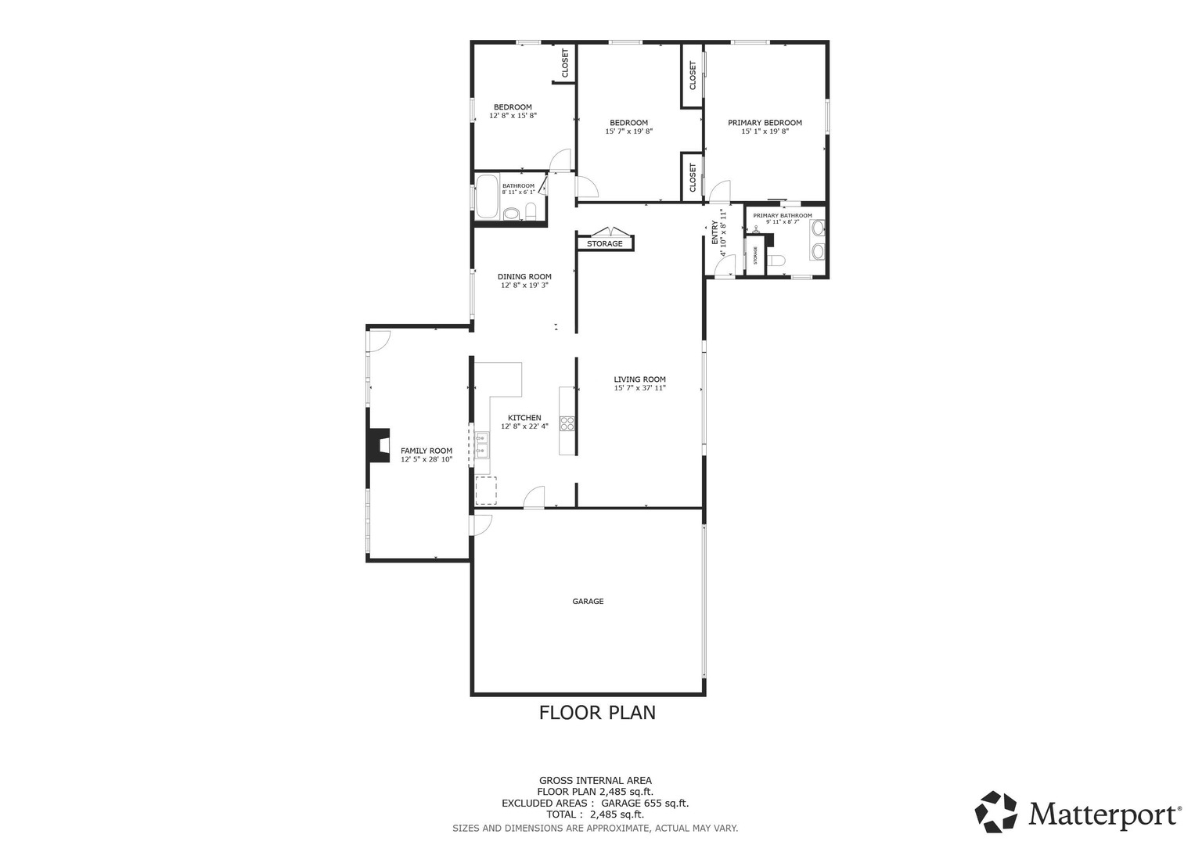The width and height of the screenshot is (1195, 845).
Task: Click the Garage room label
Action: click(x=588, y=602)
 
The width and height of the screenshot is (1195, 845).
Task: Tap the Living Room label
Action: click(x=639, y=379)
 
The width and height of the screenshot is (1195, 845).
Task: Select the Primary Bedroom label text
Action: click(x=765, y=123)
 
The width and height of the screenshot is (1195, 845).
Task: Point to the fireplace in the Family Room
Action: click(x=380, y=445)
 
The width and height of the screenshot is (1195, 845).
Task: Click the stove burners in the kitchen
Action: click(x=567, y=424)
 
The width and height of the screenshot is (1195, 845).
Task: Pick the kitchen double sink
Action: click(x=482, y=444)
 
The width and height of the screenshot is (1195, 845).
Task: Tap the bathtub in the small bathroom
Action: click(x=487, y=196)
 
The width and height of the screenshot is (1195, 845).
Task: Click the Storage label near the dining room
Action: click(x=605, y=244)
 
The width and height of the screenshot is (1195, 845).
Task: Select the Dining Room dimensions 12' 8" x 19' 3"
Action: click(x=524, y=286)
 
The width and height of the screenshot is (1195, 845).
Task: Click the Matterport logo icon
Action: click(x=995, y=811)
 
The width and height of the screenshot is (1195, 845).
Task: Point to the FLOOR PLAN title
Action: click(x=597, y=713)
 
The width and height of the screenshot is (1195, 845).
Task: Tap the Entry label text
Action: click(x=714, y=233)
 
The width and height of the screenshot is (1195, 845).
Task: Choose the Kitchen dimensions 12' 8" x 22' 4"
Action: click(x=524, y=426)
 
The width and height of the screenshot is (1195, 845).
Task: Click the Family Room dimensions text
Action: click(x=427, y=460)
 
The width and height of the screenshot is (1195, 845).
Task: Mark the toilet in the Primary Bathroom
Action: click(x=776, y=261)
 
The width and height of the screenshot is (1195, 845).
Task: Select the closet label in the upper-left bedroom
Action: click(x=565, y=63)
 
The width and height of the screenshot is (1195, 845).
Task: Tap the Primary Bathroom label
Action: click(x=783, y=215)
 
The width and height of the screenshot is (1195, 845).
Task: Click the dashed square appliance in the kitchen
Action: click(x=486, y=489)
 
